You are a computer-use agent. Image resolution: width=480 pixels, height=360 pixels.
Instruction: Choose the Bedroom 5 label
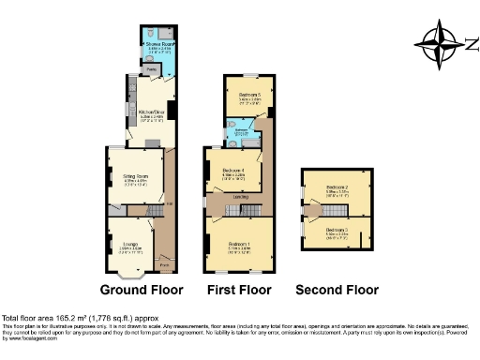[248, 96]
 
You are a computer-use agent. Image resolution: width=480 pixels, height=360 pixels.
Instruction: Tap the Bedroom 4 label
[233, 171]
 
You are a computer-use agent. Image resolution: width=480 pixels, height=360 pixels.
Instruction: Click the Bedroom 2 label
[337, 187]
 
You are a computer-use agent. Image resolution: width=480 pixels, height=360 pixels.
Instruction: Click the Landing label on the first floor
[240, 196]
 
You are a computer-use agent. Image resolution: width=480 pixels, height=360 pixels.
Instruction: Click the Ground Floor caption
[142, 290]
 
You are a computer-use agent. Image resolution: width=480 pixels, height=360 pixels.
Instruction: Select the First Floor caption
[240, 290]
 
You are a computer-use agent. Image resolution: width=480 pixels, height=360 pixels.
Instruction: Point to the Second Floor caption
[337, 290]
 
